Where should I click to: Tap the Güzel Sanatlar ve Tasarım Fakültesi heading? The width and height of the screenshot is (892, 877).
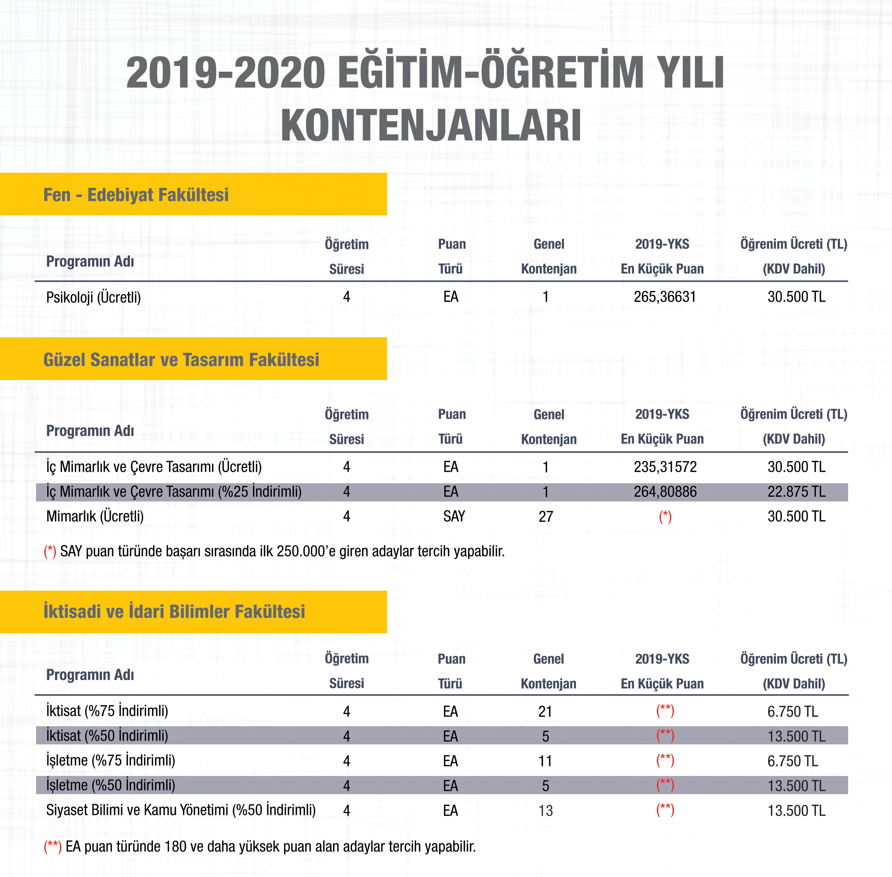click(181, 360)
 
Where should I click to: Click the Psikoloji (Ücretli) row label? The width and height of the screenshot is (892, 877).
click(93, 297)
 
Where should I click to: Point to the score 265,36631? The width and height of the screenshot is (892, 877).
click(664, 297)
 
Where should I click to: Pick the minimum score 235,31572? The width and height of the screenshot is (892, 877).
click(665, 467)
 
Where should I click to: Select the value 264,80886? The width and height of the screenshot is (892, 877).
click(665, 492)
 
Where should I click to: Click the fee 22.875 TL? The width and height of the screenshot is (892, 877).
click(796, 492)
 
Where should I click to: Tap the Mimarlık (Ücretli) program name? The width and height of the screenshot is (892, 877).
click(95, 516)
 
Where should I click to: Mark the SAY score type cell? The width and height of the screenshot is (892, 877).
click(454, 516)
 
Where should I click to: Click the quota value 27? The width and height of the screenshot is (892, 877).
click(545, 517)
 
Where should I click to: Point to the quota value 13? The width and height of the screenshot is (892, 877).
click(545, 811)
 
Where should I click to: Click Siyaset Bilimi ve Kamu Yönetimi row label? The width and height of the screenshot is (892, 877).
click(181, 810)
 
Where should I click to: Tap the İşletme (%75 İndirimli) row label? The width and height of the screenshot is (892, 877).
click(111, 760)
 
